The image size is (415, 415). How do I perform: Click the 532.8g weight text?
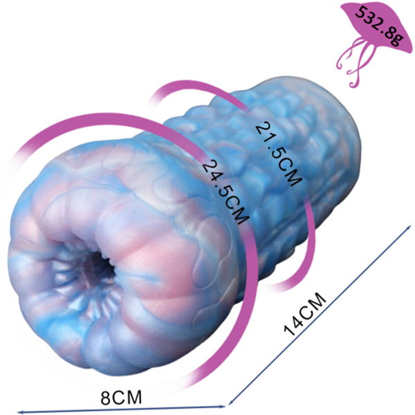pos(379,26)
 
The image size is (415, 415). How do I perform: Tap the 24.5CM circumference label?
pos(225,192)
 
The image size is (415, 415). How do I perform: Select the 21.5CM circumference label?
pos(279,154)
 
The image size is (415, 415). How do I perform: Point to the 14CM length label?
pos(304,314)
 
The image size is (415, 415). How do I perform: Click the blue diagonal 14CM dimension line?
pos(320,315)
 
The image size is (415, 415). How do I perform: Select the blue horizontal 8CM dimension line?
pos(122,409)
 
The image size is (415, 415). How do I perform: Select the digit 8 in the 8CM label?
pos(105,397)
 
